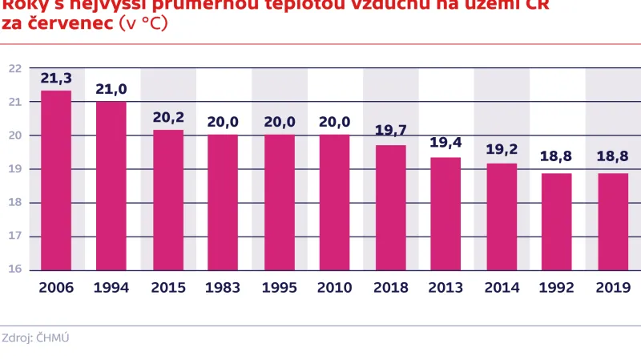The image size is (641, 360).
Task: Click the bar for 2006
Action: (56, 180)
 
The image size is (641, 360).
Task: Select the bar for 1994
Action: (111, 186)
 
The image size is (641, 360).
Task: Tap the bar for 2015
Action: (168, 200)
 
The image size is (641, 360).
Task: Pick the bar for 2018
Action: (391, 208)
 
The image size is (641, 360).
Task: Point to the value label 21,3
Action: (56, 78)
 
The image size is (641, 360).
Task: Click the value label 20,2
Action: (168, 117)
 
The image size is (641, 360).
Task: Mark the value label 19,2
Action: (502, 150)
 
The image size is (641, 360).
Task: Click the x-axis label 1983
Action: (224, 287)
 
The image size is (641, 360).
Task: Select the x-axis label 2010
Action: (335, 287)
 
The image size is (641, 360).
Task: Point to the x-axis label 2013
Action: (446, 287)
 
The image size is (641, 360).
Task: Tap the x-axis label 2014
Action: (502, 287)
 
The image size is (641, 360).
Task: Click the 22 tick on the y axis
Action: (15, 68)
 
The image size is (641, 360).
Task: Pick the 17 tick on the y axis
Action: (15, 236)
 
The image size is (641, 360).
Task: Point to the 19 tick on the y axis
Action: (15, 169)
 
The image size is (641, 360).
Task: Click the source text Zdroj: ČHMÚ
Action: (36, 338)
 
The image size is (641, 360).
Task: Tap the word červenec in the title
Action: (69, 23)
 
